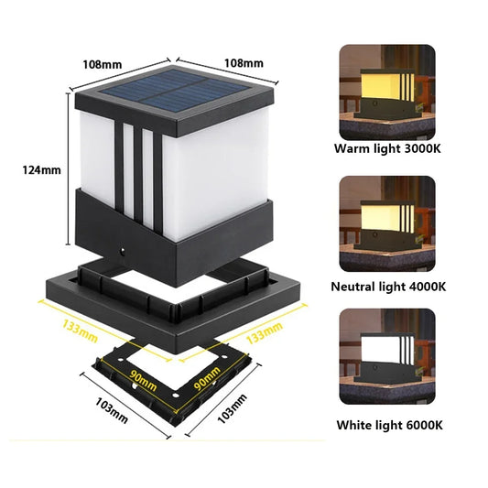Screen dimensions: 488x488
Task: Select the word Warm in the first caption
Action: [x=352, y=147]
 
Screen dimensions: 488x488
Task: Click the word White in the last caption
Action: [x=357, y=425]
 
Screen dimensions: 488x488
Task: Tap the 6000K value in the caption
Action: [x=421, y=425]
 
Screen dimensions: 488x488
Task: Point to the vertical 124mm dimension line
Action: [x=69, y=170]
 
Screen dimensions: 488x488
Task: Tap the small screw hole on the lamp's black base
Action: [x=122, y=248]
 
